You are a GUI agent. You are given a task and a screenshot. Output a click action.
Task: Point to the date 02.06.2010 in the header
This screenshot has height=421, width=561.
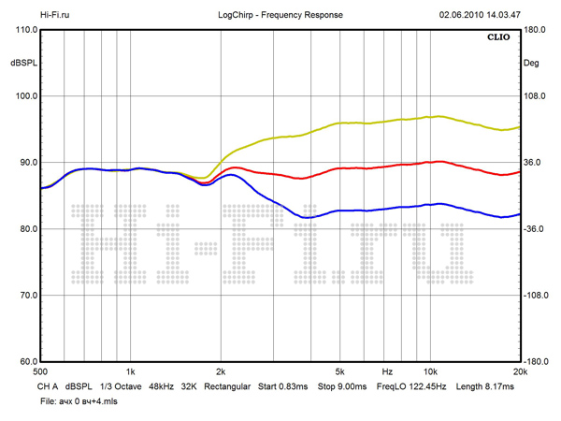tap(461, 15)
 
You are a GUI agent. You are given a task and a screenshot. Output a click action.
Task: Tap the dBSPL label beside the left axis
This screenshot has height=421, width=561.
tap(22, 63)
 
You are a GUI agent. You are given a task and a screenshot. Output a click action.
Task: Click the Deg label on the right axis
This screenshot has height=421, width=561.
tap(530, 63)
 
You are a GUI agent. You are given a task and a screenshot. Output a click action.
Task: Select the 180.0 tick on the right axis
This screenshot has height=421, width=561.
tap(534, 30)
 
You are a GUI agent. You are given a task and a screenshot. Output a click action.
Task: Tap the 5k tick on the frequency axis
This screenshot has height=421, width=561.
tap(340, 371)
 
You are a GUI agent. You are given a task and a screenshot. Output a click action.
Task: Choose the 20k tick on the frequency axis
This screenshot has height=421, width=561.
tap(520, 371)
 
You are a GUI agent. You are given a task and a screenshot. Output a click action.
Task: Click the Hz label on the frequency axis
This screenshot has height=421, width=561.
tap(386, 371)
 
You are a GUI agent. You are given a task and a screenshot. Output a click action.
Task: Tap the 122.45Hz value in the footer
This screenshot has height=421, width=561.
tap(426, 385)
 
